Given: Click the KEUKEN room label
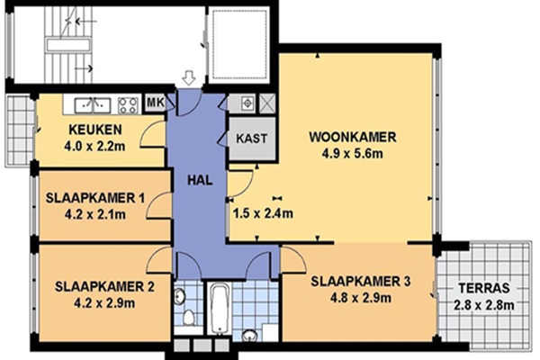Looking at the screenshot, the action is click(x=95, y=130).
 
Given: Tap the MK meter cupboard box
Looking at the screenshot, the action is click(x=156, y=103).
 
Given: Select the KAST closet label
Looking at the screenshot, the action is click(x=252, y=139).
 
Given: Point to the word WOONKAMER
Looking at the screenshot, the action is click(x=353, y=137).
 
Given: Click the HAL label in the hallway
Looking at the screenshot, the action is click(x=200, y=180).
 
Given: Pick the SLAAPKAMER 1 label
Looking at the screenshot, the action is click(x=95, y=198).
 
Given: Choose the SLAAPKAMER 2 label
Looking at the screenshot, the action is click(x=104, y=286).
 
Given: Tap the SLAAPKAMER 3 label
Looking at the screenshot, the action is click(x=361, y=282).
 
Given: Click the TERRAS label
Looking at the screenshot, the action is click(x=484, y=288).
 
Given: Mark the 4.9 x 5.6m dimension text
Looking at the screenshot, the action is click(x=352, y=154).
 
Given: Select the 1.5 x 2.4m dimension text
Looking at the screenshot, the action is click(x=263, y=213).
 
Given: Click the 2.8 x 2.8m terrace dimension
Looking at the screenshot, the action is click(x=484, y=305).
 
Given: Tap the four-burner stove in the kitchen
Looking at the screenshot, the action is click(x=128, y=105).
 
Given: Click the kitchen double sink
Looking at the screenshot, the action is click(x=93, y=105).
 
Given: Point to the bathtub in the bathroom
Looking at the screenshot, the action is click(x=220, y=309).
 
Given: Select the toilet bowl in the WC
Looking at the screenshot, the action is click(x=188, y=317).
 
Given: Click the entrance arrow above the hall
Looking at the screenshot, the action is click(x=189, y=78).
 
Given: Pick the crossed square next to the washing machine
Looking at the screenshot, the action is click(x=267, y=103).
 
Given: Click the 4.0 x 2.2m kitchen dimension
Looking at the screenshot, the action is click(x=94, y=147).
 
